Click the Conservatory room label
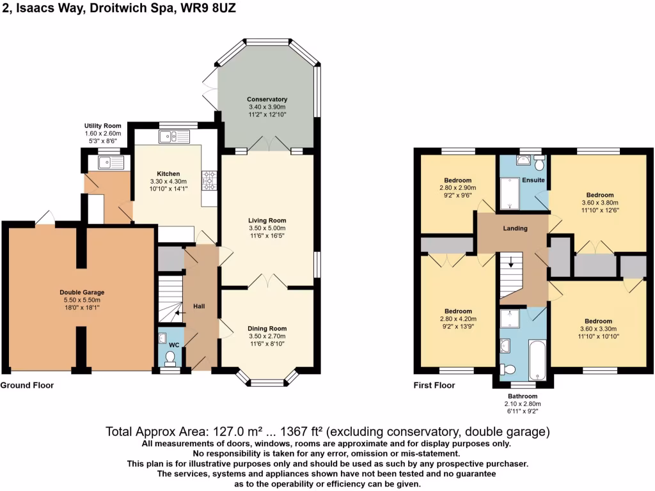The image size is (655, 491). click(267, 100)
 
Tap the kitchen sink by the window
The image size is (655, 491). click(175, 136)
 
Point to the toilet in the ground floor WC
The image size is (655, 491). click(171, 355)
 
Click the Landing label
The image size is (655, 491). click(515, 228)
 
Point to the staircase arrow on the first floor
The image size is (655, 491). click(510, 261)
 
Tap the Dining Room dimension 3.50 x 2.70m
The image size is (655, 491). click(267, 336)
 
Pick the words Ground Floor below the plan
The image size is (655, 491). click(27, 386)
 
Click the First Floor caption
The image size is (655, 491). click(434, 386)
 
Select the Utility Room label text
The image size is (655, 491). click(102, 126)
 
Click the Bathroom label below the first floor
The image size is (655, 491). click(523, 396)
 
